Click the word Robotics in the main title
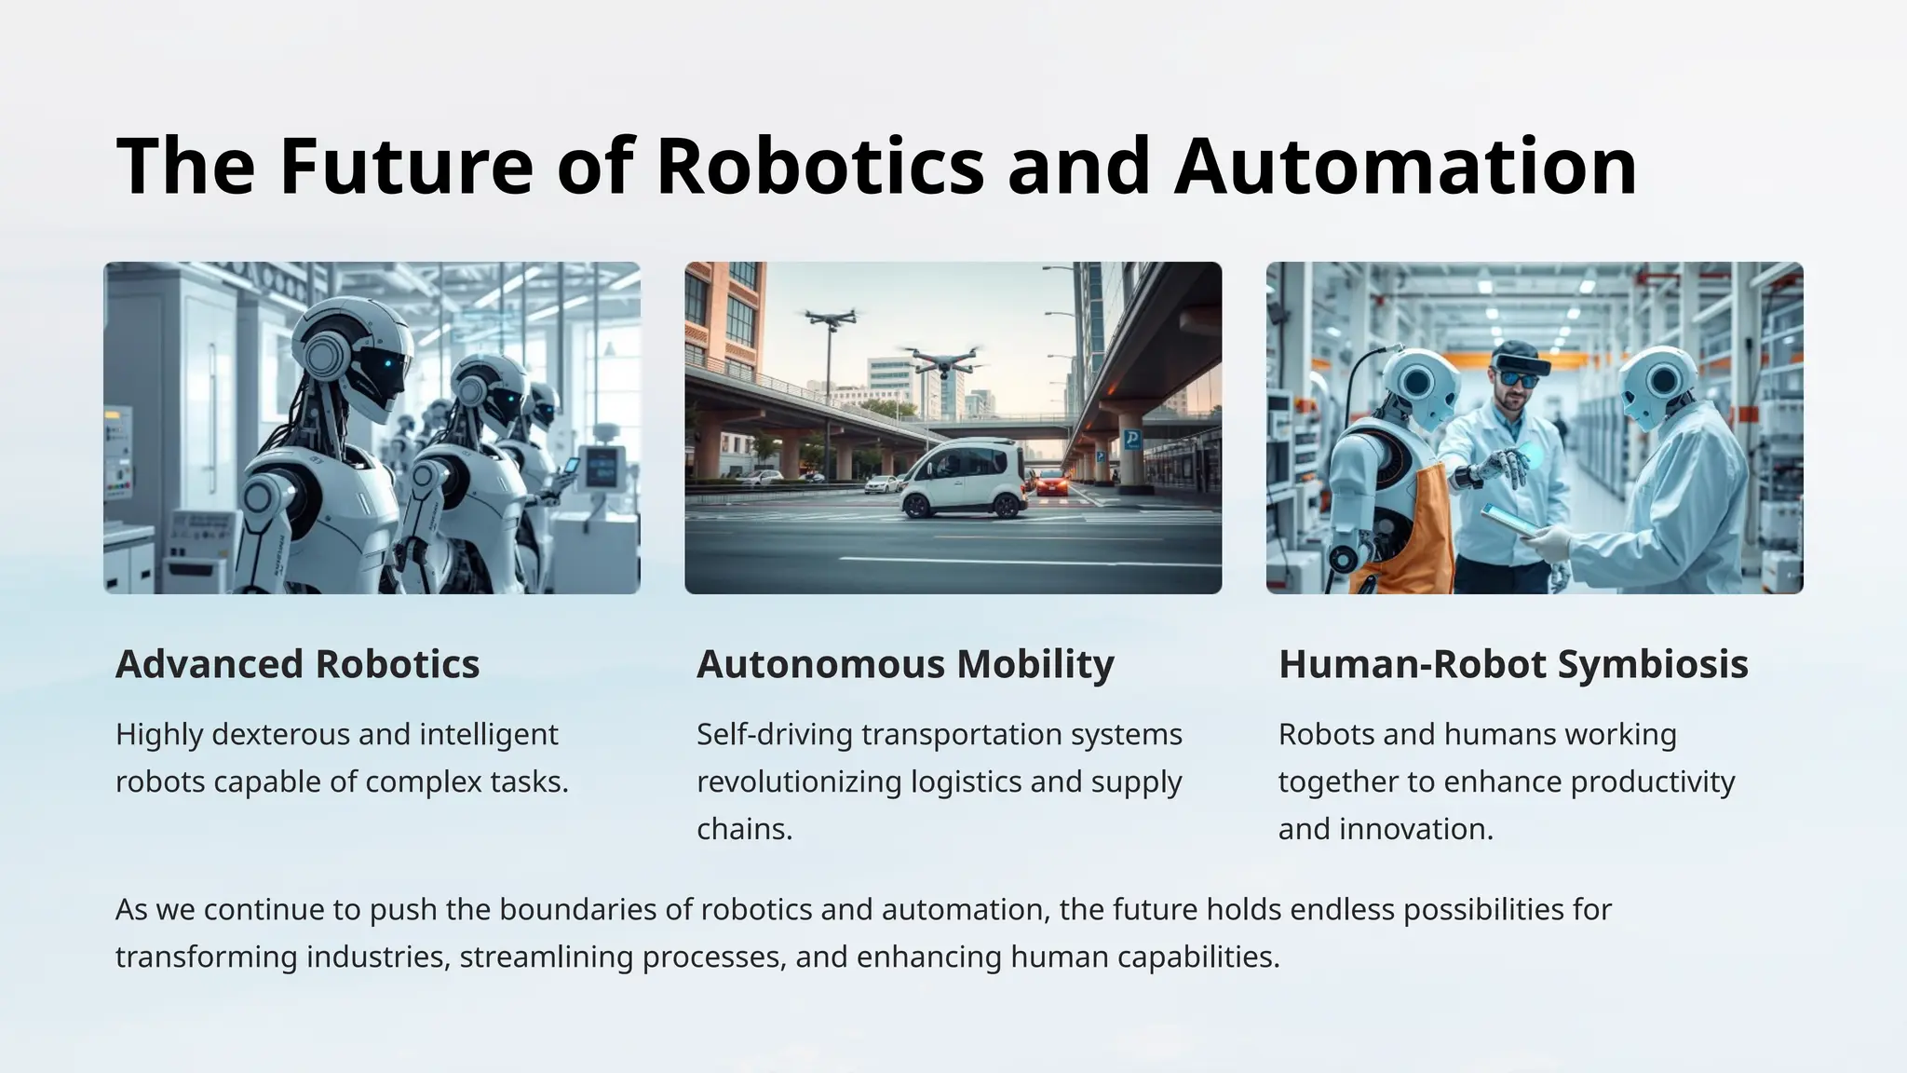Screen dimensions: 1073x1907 pyautogui.click(x=819, y=166)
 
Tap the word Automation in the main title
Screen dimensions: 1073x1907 pyautogui.click(x=1405, y=166)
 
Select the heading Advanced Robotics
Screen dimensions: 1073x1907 pyautogui.click(x=297, y=664)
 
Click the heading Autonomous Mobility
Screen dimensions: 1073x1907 pyautogui.click(x=905, y=664)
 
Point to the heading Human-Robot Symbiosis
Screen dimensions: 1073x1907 pyautogui.click(x=1513, y=664)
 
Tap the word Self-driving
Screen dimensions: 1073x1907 pyautogui.click(x=775, y=734)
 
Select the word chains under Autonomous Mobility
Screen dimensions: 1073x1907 pyautogui.click(x=744, y=829)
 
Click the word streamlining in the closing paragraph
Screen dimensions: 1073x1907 pyautogui.click(x=547, y=957)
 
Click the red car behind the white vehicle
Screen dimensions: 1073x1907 pyautogui.click(x=1051, y=481)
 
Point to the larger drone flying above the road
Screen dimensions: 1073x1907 pyautogui.click(x=943, y=359)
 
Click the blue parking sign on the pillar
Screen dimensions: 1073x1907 pyautogui.click(x=1131, y=440)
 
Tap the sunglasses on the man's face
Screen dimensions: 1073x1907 pyautogui.click(x=1518, y=379)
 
